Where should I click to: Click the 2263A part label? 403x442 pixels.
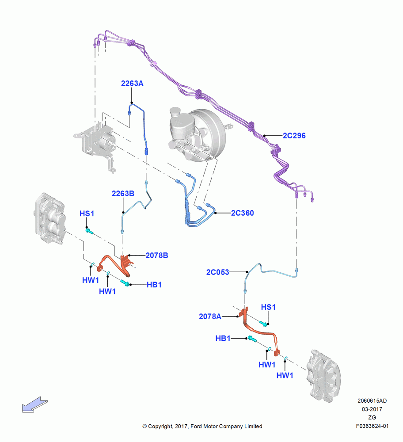point(132,84)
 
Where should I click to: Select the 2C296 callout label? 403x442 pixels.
point(294,136)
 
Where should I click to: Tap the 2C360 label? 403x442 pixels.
point(242,213)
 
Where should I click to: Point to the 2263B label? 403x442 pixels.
point(123,194)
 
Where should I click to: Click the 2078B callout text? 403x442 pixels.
point(157,255)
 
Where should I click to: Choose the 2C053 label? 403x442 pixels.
point(217,272)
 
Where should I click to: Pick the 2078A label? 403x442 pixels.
point(210,316)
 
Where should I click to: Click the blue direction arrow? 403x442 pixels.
point(34,405)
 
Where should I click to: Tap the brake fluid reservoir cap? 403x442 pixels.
point(175,111)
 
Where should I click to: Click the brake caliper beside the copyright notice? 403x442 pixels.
point(324,375)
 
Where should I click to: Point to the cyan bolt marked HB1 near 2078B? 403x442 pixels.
point(125,282)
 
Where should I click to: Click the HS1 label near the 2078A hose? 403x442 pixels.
point(268,307)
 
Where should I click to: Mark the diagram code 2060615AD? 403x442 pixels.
point(372,400)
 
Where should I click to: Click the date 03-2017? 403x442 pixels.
point(372,409)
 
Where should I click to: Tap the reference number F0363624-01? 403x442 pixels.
point(372,426)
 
